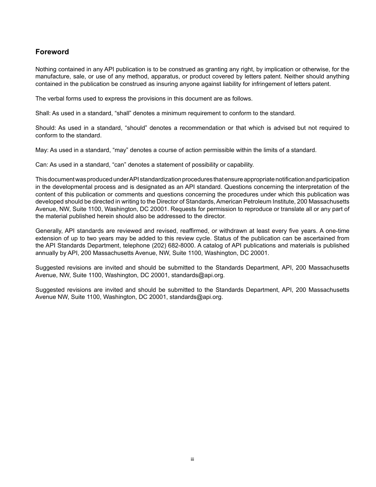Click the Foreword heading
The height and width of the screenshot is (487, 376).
[52, 52]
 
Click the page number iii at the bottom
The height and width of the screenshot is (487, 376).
[192, 459]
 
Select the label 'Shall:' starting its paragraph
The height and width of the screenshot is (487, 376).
[43, 113]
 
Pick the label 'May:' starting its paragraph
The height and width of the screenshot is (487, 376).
[42, 150]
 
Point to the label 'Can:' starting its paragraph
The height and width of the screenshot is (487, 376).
[42, 165]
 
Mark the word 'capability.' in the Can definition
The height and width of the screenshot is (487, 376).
[238, 165]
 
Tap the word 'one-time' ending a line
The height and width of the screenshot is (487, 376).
[337, 231]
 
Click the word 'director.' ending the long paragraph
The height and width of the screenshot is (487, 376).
[213, 216]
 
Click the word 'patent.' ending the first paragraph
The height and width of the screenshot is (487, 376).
[321, 84]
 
